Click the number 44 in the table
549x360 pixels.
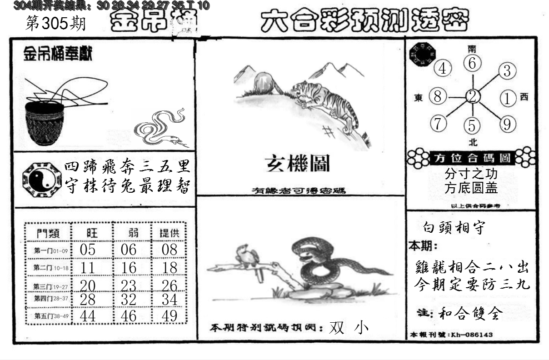coord(87,316)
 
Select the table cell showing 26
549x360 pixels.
coord(170,285)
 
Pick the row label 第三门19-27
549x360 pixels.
coord(50,286)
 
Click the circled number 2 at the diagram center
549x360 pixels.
coord(473,96)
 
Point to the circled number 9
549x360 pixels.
coord(507,123)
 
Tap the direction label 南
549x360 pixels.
coord(473,48)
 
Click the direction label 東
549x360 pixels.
coord(419,97)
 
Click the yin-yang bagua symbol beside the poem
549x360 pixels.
coord(41,178)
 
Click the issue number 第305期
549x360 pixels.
coord(55,24)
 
